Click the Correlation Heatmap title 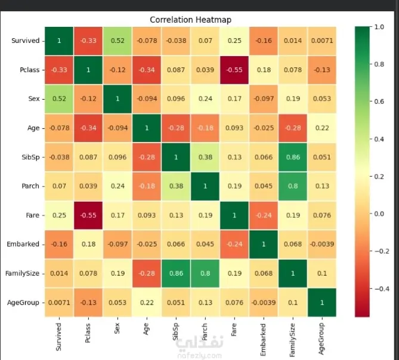[191, 20]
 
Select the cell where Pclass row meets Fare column [234, 70]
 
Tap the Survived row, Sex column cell [117, 41]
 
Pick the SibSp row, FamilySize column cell [293, 157]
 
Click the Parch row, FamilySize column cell [293, 186]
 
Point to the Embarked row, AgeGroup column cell [322, 244]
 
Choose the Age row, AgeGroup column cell [322, 128]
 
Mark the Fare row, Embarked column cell [264, 216]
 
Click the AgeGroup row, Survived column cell [59, 303]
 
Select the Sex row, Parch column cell [205, 99]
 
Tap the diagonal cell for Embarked [264, 244]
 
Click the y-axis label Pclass [29, 70]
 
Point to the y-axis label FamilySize [23, 273]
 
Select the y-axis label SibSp [30, 157]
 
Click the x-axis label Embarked [263, 340]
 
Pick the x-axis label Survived [58, 337]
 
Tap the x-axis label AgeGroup [321, 339]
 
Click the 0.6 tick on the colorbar [379, 101]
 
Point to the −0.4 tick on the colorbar [382, 289]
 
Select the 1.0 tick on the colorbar [379, 27]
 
